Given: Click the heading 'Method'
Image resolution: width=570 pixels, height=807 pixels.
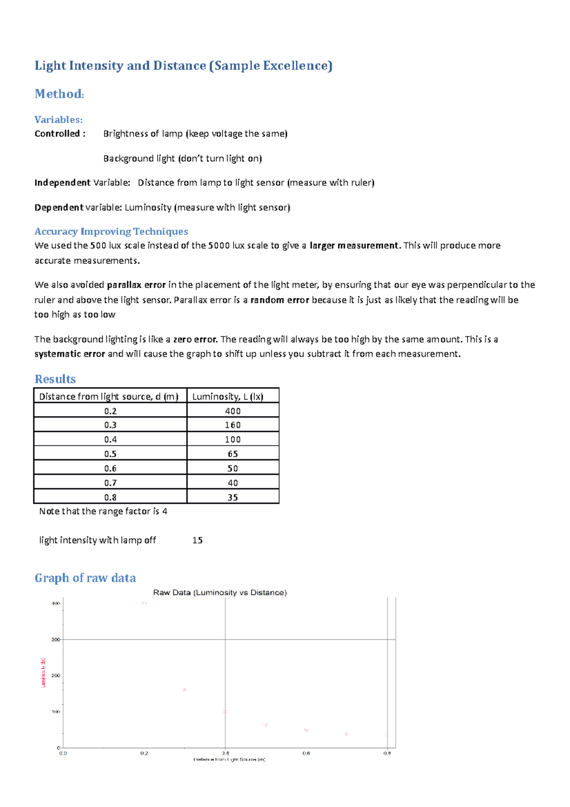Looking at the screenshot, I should tap(59, 94).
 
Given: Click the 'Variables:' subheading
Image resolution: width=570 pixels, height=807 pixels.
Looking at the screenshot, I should tap(58, 119).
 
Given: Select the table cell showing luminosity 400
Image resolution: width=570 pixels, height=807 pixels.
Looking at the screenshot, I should tap(233, 411).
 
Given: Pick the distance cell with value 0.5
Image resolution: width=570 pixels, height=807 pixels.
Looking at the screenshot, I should tap(110, 454).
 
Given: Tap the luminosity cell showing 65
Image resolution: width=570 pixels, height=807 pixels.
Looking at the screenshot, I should tap(233, 454).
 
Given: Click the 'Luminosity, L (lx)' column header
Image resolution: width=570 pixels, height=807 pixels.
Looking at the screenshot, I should tap(228, 396).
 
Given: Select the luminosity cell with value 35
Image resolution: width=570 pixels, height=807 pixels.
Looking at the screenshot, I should tap(233, 497).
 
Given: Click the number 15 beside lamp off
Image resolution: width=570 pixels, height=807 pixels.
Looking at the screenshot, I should tap(198, 540).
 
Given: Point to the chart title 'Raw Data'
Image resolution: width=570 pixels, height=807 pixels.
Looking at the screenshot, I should tap(219, 592).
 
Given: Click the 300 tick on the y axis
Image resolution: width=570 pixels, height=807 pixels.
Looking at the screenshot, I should tap(56, 640).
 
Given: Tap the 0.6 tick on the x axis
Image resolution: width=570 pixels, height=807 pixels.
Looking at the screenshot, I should tap(306, 753).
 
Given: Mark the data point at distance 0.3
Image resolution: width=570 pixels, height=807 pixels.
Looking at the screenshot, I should tap(185, 690).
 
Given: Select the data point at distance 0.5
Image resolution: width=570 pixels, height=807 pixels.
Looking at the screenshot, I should tap(266, 724).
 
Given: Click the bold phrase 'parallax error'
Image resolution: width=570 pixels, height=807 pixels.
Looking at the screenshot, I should tap(136, 285).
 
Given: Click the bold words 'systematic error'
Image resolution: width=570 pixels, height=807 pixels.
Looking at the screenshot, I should tap(70, 354).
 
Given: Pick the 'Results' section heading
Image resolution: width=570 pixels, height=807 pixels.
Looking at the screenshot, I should tap(55, 379).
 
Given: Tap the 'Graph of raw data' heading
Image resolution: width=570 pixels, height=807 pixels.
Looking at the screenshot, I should tap(85, 577).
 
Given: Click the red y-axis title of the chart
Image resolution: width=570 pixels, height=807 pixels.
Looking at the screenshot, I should tap(43, 672).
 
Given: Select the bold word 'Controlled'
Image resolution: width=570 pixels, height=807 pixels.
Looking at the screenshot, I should tap(57, 134).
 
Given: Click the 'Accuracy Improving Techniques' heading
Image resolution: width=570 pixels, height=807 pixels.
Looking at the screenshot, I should tap(111, 231).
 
